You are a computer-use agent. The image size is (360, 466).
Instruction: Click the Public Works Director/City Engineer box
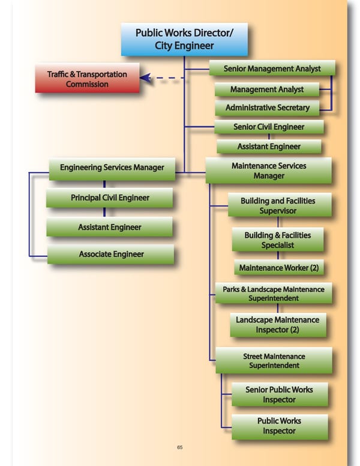coord(184,39)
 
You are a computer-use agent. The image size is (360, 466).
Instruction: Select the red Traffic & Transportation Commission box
coord(87,79)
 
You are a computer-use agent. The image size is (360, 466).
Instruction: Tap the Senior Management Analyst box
coord(272,69)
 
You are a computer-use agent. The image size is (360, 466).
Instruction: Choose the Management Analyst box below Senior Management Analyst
coord(267,89)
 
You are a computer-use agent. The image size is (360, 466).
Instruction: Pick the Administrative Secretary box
coord(268,108)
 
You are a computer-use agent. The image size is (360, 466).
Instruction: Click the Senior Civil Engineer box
coord(269,127)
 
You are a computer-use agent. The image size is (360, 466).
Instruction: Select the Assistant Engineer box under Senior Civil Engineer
coord(269,147)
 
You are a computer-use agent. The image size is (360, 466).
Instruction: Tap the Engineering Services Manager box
coord(112,168)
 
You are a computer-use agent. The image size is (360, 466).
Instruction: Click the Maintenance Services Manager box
coord(269,171)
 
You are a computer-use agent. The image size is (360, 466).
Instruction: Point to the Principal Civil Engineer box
coord(110,198)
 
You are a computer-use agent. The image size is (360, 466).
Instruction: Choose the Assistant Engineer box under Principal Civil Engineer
coord(110,227)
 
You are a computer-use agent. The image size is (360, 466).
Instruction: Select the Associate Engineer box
coord(111,254)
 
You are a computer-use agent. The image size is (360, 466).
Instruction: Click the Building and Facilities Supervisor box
coord(278,205)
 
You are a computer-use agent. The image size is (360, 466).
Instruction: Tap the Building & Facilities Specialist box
coord(278,240)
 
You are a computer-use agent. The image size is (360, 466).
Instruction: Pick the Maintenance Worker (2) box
coord(279,267)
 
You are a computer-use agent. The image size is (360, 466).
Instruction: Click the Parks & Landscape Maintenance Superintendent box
coord(274,294)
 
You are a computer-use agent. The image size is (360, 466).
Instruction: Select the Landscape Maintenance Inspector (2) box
coord(277,325)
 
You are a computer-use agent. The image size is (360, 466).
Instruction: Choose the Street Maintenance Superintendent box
coord(274,360)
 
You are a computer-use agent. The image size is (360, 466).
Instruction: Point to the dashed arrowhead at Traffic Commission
coord(145,77)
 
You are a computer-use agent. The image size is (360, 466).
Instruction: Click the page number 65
coord(180,447)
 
